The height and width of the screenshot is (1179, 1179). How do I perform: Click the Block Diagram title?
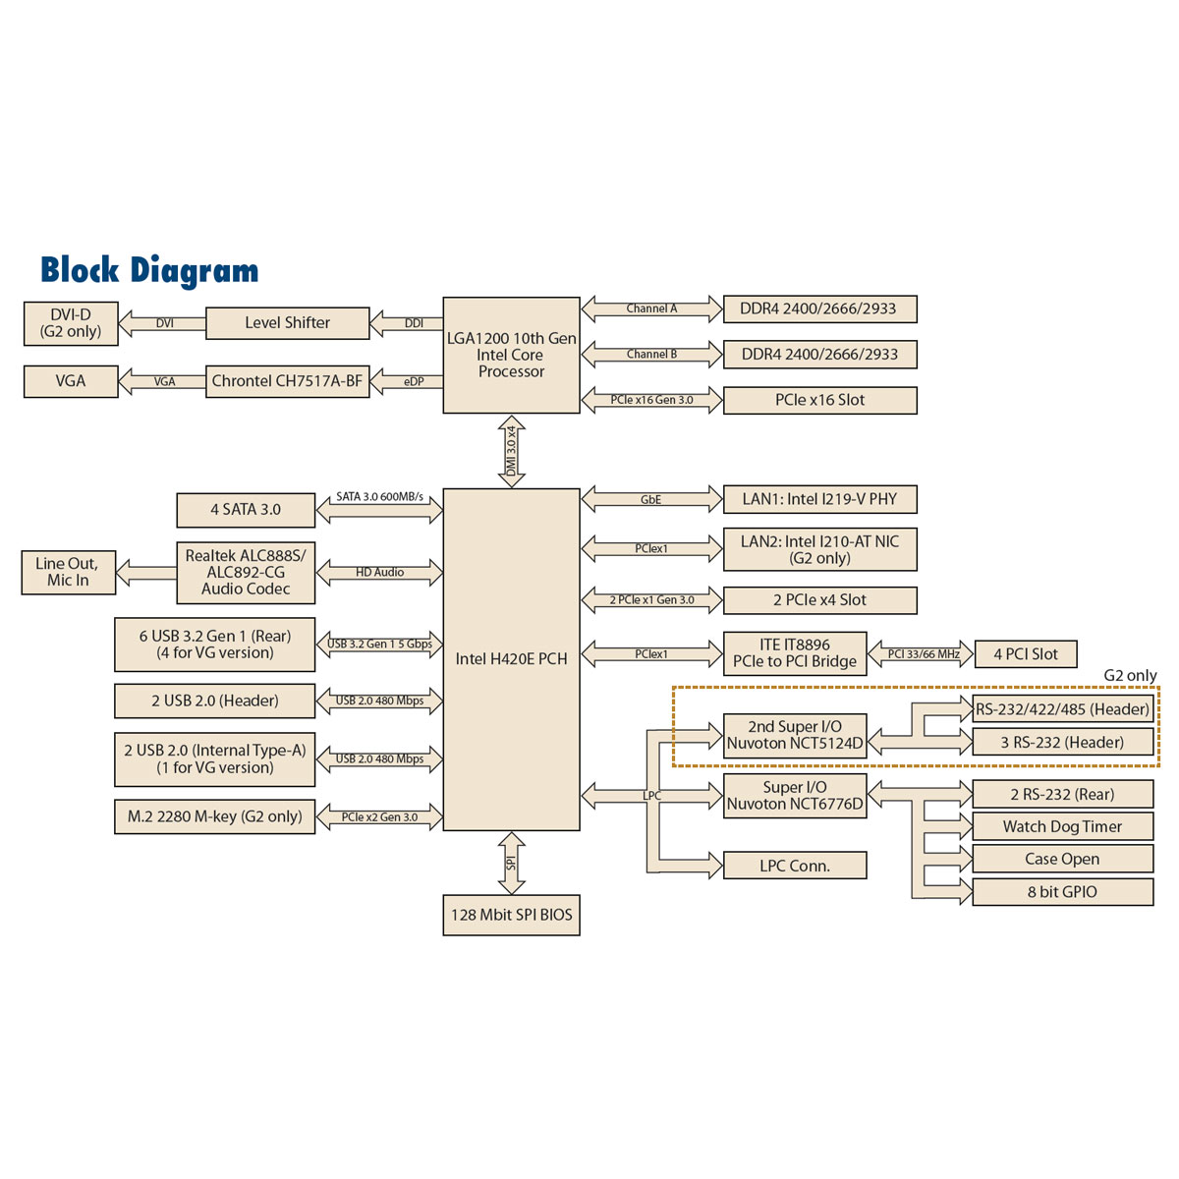[149, 270]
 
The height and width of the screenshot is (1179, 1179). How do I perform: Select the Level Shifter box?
[287, 323]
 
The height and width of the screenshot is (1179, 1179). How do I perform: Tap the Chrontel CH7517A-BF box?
[287, 381]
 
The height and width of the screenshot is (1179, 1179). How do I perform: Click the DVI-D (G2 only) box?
[71, 323]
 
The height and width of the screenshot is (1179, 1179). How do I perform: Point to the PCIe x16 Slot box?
[819, 400]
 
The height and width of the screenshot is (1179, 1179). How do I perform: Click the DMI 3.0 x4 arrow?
[511, 451]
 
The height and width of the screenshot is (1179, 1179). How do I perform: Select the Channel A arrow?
[651, 309]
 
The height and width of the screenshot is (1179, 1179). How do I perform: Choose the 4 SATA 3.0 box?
[246, 510]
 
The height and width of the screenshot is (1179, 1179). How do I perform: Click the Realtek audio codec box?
[246, 572]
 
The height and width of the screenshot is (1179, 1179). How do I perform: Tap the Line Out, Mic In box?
[68, 572]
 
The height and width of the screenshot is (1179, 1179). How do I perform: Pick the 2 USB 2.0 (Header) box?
[215, 702]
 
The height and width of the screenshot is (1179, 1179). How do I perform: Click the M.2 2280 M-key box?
[215, 816]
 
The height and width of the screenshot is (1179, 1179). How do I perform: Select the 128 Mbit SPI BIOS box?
[511, 915]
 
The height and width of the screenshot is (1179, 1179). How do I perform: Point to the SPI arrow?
[511, 862]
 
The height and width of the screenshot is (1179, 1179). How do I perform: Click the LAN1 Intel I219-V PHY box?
[819, 499]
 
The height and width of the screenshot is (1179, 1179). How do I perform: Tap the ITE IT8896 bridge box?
[795, 653]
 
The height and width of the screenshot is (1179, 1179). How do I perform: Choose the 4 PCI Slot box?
[1026, 654]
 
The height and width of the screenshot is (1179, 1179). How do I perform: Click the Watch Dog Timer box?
[1062, 827]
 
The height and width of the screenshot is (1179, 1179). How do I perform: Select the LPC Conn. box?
[795, 866]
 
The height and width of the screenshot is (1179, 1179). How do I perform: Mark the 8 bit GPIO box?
[1062, 892]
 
